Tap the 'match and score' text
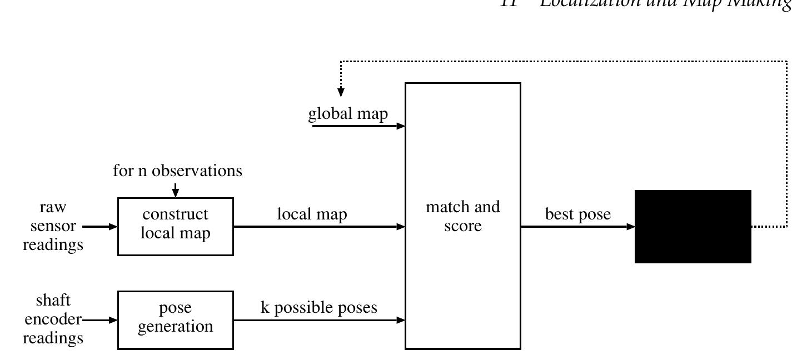(462, 216)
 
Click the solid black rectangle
(693, 226)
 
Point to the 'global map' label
(348, 114)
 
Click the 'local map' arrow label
(312, 214)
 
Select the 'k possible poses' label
(319, 308)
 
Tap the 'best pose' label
(577, 214)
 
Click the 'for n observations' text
(177, 171)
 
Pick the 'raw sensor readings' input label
(53, 226)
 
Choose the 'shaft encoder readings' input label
(53, 319)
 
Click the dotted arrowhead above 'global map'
(341, 92)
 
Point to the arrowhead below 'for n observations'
(176, 193)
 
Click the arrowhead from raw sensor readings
(113, 227)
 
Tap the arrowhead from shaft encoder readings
(113, 320)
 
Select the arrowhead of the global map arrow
(401, 126)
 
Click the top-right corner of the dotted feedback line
(787, 61)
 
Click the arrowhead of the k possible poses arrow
(401, 320)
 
